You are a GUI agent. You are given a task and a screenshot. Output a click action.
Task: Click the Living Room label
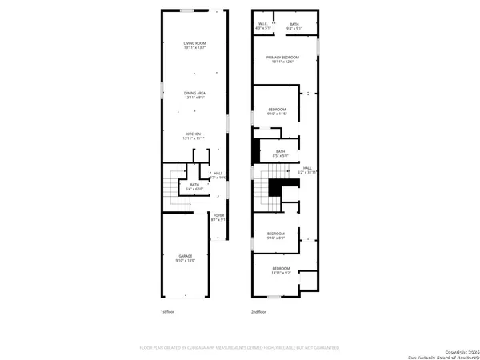click(x=195, y=45)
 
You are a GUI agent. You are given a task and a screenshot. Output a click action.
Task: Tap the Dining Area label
click(x=195, y=95)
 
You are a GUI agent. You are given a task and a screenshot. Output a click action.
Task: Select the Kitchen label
click(x=194, y=136)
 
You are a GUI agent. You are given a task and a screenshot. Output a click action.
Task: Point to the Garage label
click(x=186, y=258)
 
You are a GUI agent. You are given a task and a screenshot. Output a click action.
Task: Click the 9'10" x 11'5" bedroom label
click(x=277, y=111)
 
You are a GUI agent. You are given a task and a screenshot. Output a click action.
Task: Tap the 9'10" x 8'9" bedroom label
click(x=277, y=236)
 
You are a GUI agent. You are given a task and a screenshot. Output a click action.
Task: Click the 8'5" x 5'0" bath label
click(x=280, y=154)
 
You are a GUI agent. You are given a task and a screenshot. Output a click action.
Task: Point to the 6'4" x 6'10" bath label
click(x=194, y=209)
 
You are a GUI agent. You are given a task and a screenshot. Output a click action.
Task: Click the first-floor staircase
click(x=170, y=208)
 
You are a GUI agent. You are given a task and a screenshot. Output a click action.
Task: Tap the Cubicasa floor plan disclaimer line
click(x=240, y=348)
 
